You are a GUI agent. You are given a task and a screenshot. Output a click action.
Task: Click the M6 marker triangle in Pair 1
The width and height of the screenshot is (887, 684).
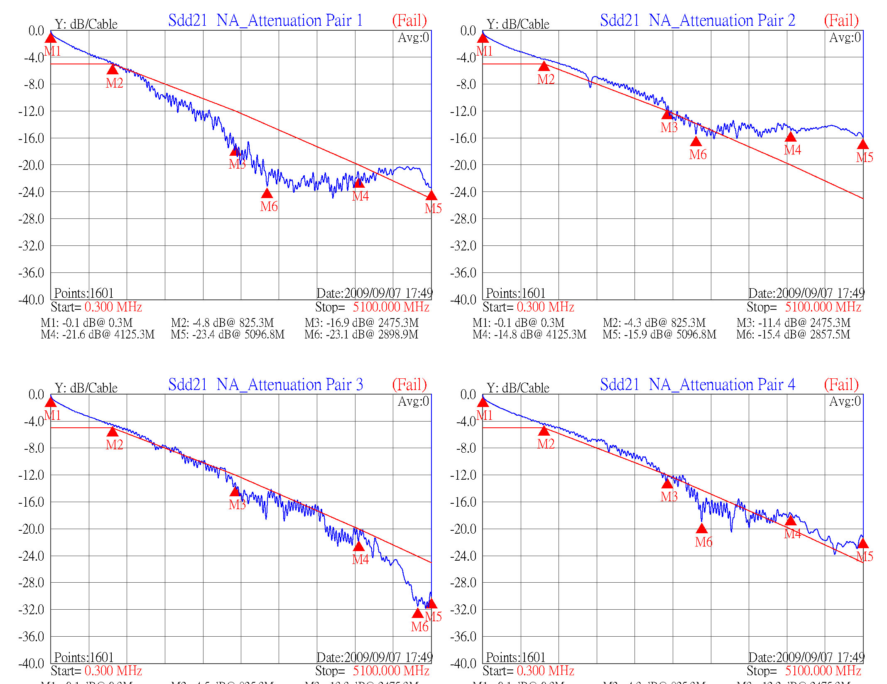267,193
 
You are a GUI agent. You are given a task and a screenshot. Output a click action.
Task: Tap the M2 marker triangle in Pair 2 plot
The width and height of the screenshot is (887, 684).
544,66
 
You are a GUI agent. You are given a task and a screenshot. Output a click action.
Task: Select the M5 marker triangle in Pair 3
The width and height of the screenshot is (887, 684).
431,603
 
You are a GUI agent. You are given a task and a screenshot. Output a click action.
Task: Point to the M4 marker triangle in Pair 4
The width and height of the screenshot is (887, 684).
790,520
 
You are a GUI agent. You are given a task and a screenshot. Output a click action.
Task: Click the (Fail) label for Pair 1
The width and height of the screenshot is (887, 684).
409,20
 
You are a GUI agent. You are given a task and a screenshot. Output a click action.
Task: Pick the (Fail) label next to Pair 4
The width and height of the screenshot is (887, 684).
841,385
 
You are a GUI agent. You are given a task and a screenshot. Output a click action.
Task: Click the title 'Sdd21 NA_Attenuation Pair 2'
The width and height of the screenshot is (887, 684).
697,20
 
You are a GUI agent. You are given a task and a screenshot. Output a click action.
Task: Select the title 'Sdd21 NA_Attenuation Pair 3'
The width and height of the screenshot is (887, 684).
265,385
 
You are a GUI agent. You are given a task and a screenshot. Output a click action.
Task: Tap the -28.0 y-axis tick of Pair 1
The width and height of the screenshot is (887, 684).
31,219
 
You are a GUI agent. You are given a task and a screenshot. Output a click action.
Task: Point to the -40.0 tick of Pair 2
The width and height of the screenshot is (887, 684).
463,299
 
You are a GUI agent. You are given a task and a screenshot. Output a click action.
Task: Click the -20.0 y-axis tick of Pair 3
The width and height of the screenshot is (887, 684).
31,529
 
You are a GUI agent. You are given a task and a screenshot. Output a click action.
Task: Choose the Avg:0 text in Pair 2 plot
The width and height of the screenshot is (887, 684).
845,38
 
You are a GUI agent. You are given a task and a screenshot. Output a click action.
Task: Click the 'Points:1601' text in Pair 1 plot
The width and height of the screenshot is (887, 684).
84,293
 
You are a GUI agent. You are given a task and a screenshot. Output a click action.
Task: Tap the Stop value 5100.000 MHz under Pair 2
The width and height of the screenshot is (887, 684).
823,307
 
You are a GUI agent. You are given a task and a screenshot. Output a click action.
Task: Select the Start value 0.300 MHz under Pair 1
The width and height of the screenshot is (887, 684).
113,307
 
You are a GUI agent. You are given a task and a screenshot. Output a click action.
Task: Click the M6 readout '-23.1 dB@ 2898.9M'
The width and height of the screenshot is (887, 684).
361,334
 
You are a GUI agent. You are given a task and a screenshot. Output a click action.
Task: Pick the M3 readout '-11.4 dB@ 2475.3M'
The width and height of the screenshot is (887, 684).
794,323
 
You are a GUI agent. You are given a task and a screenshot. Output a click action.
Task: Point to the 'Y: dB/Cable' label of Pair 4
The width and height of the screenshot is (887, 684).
518,388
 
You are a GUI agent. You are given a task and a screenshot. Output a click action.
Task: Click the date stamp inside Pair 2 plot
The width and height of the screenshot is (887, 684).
806,293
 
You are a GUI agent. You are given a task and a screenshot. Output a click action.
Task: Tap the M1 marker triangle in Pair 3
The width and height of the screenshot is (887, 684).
51,402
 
